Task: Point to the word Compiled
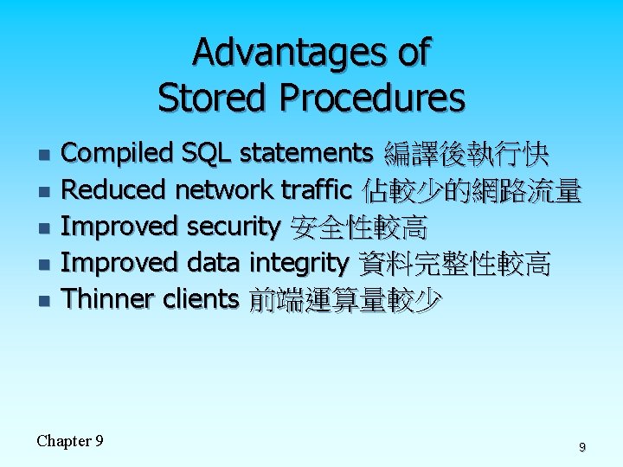click(119, 154)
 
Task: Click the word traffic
click(317, 189)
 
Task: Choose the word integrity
click(299, 263)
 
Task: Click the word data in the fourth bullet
click(215, 263)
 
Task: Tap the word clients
click(201, 299)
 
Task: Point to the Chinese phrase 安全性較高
click(358, 227)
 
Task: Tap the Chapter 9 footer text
click(70, 441)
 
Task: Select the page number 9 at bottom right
click(581, 447)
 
